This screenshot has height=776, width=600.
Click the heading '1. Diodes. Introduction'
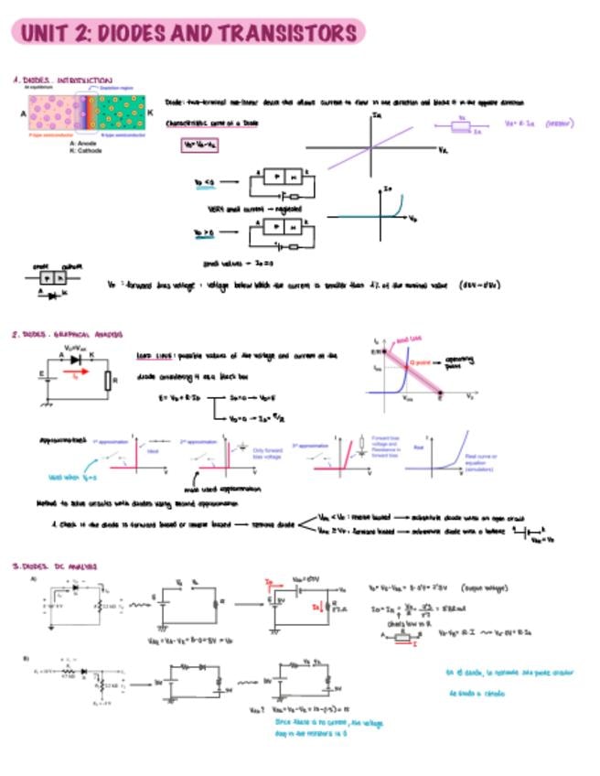pos(62,81)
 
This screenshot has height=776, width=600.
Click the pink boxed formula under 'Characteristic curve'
pos(199,145)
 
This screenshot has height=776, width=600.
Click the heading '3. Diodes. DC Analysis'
pos(55,567)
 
